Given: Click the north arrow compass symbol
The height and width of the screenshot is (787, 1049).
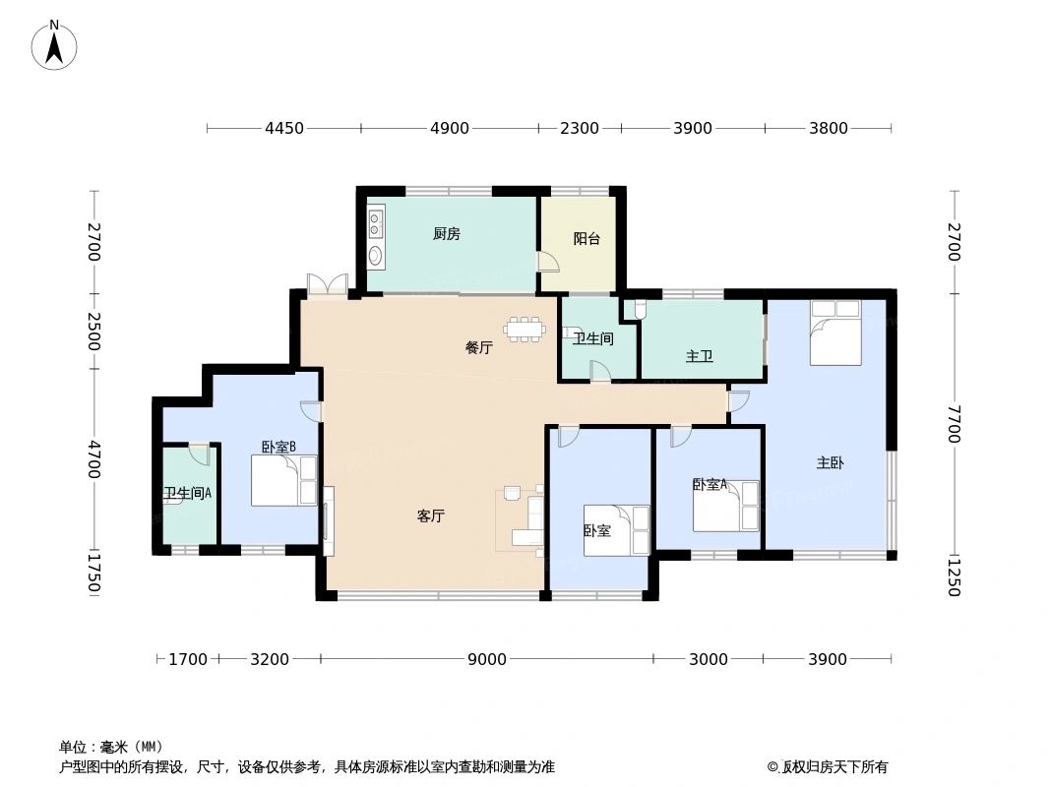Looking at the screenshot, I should (x=55, y=44).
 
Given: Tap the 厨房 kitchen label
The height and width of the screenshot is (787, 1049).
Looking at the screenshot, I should (x=446, y=234).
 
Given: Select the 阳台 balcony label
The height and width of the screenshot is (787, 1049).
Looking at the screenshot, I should (x=586, y=239).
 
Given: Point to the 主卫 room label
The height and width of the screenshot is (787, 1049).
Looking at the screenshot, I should (x=700, y=356).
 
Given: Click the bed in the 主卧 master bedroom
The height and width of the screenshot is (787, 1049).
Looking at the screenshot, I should (x=835, y=333).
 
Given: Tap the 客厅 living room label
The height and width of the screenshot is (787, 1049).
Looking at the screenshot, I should (x=431, y=515).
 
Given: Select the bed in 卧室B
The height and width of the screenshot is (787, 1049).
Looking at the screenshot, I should (x=283, y=480).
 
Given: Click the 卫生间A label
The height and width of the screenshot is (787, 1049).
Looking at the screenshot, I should (x=187, y=494).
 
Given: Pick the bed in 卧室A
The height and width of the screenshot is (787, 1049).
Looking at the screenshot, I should (x=725, y=506).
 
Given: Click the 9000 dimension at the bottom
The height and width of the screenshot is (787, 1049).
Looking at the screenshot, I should (x=486, y=659).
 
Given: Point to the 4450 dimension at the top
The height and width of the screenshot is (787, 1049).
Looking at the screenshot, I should (x=283, y=128).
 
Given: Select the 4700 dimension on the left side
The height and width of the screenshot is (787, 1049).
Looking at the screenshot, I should (x=93, y=459).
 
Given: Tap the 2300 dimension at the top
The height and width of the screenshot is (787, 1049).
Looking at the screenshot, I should (x=580, y=128).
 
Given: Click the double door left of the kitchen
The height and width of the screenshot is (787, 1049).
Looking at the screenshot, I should (x=327, y=284).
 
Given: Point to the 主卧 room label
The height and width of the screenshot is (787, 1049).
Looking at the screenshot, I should (x=830, y=462).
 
